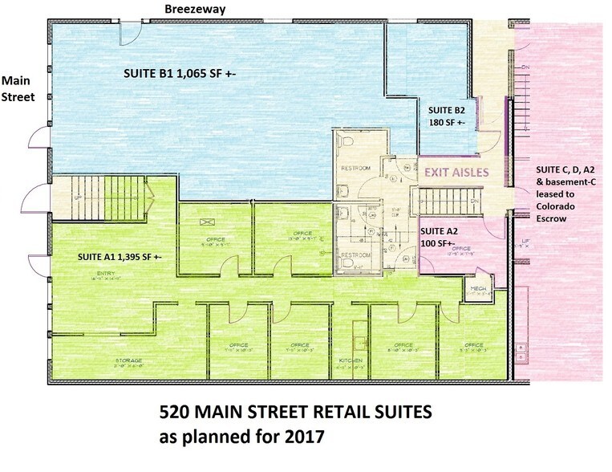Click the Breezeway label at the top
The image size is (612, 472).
point(195,8)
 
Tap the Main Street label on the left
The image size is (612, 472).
point(17,89)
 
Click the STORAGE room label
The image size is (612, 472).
point(128,361)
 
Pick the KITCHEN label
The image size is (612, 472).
point(351,361)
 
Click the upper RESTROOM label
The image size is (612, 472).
point(355,169)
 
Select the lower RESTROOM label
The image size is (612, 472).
point(355,255)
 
